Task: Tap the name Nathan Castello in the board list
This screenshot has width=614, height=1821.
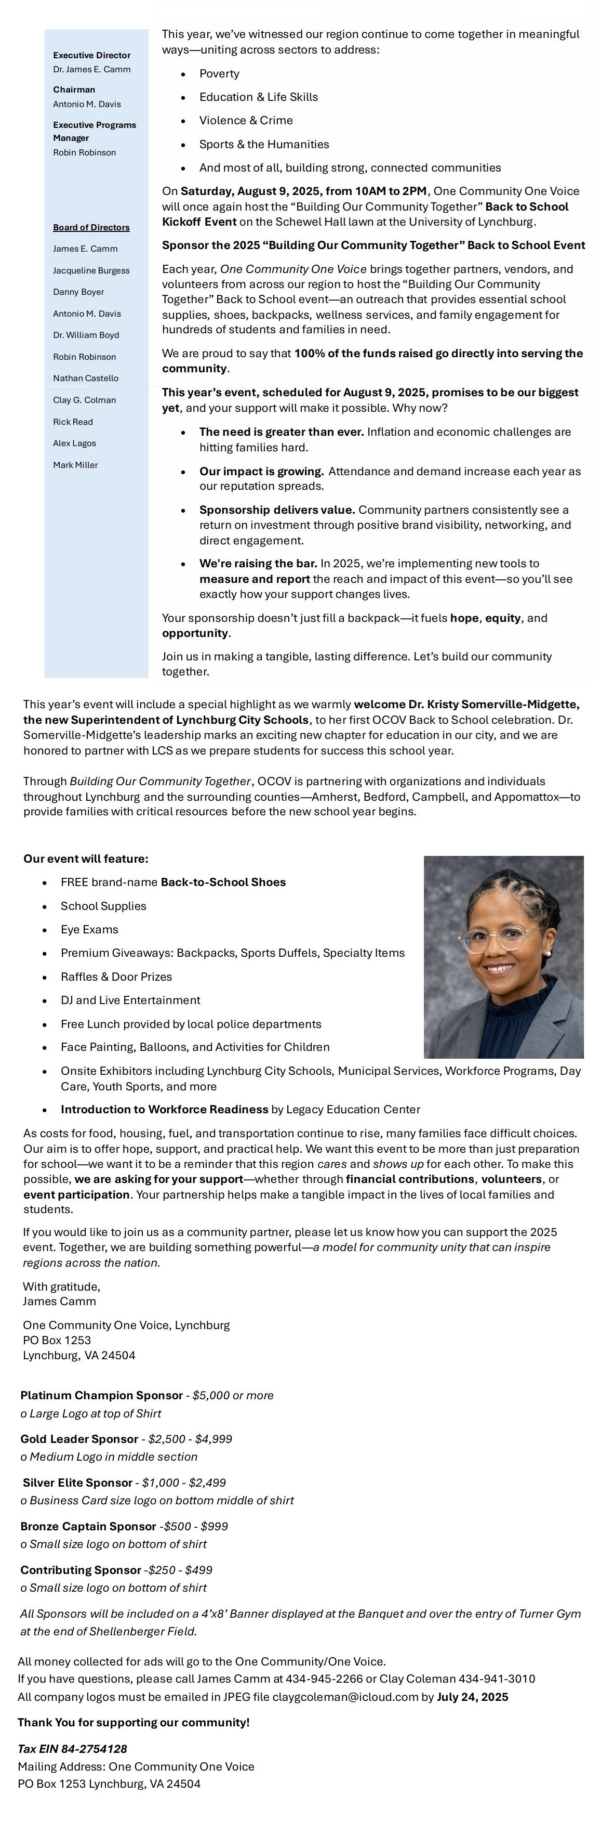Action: tap(86, 378)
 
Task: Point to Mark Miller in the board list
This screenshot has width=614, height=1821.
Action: tap(76, 465)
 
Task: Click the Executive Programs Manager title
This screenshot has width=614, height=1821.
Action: tap(94, 132)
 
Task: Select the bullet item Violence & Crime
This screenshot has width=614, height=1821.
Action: tap(246, 120)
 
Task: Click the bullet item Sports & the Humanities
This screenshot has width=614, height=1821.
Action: tap(264, 144)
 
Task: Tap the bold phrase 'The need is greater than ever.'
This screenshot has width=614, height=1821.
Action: tap(281, 432)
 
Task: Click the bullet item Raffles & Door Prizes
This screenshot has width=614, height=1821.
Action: tap(116, 977)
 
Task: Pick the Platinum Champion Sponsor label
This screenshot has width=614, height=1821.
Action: tap(102, 1396)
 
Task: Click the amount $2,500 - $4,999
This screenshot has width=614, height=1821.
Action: tap(190, 1439)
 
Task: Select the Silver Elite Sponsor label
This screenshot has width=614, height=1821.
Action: tap(78, 1482)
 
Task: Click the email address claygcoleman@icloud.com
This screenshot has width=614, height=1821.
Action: tap(345, 1697)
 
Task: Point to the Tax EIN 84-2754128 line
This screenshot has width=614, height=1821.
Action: tap(73, 1749)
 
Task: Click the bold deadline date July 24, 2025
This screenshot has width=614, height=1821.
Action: tap(472, 1697)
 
